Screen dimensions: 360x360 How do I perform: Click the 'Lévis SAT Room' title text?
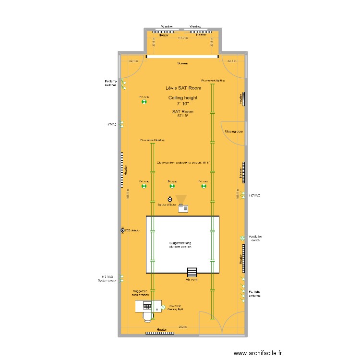(x=183, y=88)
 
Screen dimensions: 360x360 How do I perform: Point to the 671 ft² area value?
(x=183, y=116)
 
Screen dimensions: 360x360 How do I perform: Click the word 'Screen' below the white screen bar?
(x=182, y=63)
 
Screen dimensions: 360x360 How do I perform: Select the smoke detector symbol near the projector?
(x=169, y=199)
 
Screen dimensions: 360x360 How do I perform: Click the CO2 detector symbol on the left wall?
(x=123, y=230)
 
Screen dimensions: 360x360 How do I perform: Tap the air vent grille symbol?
(x=192, y=271)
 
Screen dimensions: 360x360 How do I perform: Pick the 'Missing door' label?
(x=234, y=131)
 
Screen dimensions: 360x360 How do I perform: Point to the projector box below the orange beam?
(x=183, y=208)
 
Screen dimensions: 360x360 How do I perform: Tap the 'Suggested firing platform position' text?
(x=182, y=245)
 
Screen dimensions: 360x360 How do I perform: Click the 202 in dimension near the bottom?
(x=182, y=327)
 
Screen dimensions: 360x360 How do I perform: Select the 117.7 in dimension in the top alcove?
(x=182, y=38)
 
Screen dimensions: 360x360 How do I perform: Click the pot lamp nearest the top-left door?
(x=144, y=101)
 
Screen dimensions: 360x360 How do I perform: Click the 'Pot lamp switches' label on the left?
(x=110, y=83)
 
